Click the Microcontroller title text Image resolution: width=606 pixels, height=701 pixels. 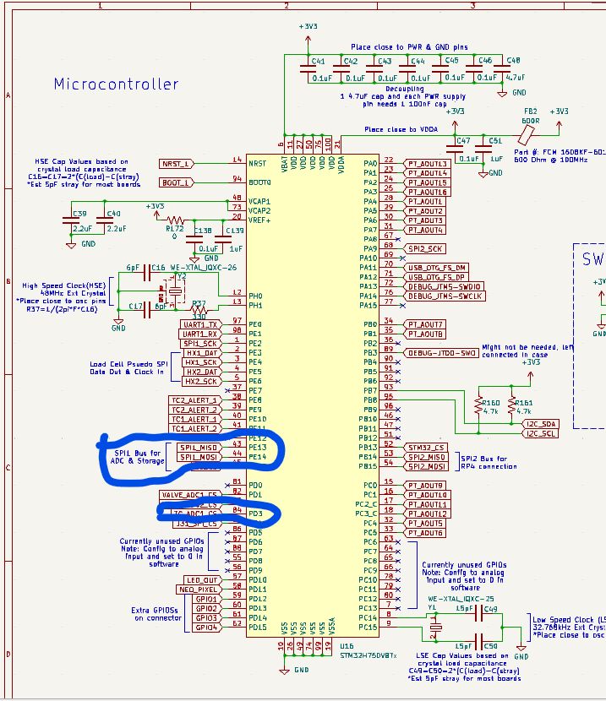pyautogui.click(x=116, y=84)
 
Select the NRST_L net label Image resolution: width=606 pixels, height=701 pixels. pyautogui.click(x=175, y=163)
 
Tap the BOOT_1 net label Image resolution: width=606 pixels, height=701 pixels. pyautogui.click(x=175, y=182)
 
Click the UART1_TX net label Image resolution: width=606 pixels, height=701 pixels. pyautogui.click(x=200, y=324)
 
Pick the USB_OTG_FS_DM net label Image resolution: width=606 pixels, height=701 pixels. pyautogui.click(x=437, y=267)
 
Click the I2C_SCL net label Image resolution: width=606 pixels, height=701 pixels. pyautogui.click(x=541, y=433)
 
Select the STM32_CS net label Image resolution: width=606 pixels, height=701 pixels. pyautogui.click(x=425, y=447)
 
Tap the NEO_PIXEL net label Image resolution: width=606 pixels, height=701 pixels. pyautogui.click(x=198, y=589)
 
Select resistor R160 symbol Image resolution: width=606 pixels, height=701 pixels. pyautogui.click(x=479, y=407)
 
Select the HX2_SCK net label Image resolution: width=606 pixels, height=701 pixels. pyautogui.click(x=201, y=381)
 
